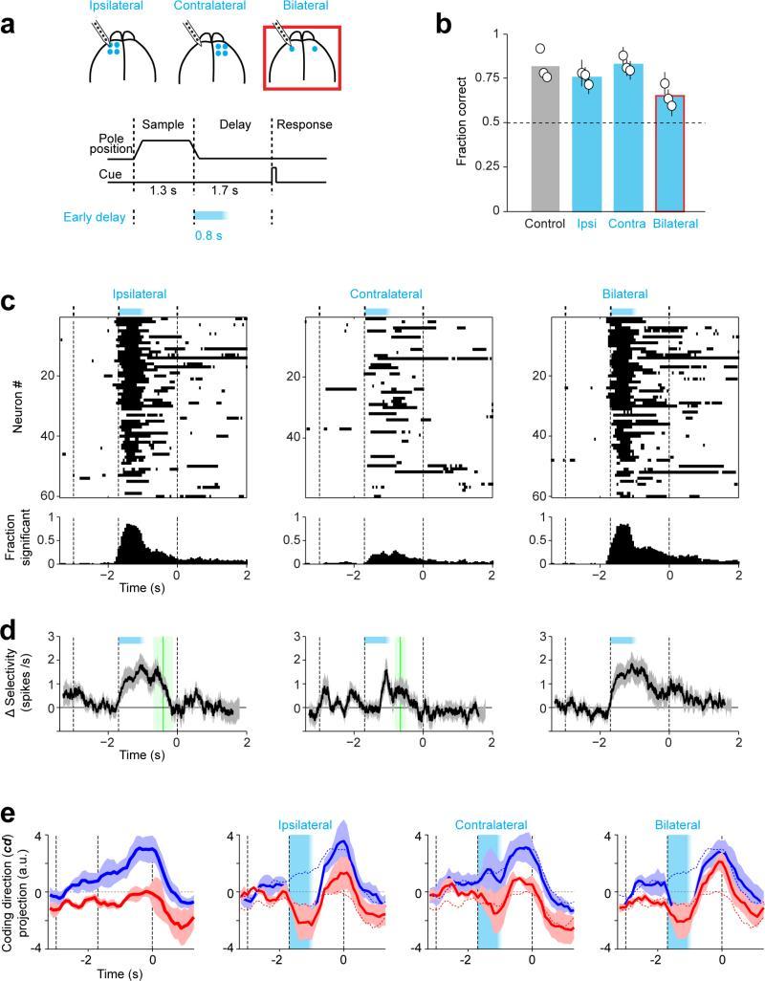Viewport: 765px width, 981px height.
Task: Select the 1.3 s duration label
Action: (164, 190)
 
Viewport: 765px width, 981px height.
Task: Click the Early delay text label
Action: (94, 216)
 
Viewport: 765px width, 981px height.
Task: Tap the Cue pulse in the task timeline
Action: (274, 175)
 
